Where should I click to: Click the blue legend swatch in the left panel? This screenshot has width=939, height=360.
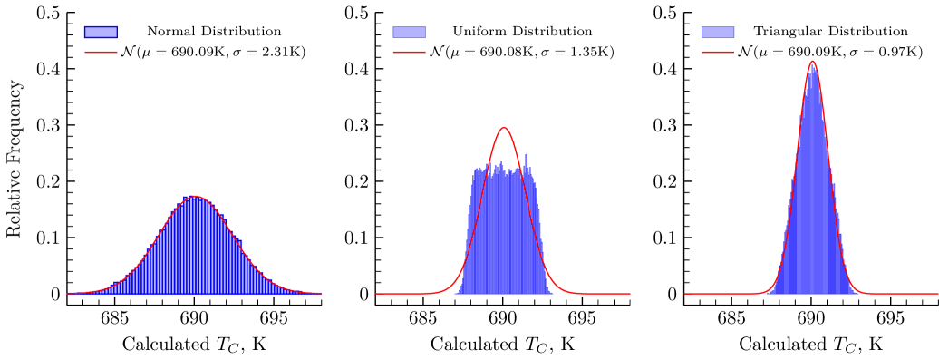point(101,32)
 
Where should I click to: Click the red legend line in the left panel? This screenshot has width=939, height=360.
point(101,52)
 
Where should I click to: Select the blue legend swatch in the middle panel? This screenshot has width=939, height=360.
point(409,32)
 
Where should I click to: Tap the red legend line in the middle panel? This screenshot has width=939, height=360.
point(409,52)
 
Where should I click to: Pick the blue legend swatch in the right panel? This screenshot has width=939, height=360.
point(718,32)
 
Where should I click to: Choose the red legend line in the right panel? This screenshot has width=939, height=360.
point(718,52)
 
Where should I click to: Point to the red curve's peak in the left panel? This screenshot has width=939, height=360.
point(194,196)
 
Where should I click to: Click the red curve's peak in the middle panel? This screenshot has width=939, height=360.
point(504,128)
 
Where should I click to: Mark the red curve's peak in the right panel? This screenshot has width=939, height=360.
point(812,62)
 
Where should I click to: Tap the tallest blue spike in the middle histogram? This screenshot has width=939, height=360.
point(525,154)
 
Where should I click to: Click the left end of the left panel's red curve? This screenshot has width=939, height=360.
point(67,293)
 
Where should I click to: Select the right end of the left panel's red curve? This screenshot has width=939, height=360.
point(321,293)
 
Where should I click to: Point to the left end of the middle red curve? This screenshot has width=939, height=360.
point(376,294)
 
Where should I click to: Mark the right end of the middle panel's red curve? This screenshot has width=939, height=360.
point(630,294)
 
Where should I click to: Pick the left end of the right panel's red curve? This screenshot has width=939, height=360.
point(684,294)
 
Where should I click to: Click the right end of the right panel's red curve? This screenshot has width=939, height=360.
point(938,294)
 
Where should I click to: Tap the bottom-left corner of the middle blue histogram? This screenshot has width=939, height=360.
point(455,294)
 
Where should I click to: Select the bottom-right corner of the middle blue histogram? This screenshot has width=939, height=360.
point(553,294)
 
